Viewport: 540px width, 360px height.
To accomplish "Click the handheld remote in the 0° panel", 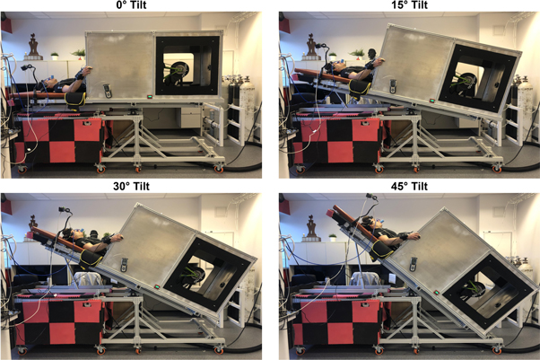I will pyautogui.click(x=109, y=90).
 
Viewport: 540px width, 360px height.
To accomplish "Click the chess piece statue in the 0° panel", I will pyautogui.click(x=35, y=42).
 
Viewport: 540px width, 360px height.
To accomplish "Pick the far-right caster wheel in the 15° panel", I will pyautogui.click(x=496, y=167).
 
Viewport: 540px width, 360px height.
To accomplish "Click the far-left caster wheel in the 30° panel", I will pyautogui.click(x=18, y=346).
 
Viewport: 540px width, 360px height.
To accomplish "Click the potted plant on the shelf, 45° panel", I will pyautogui.click(x=333, y=238).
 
